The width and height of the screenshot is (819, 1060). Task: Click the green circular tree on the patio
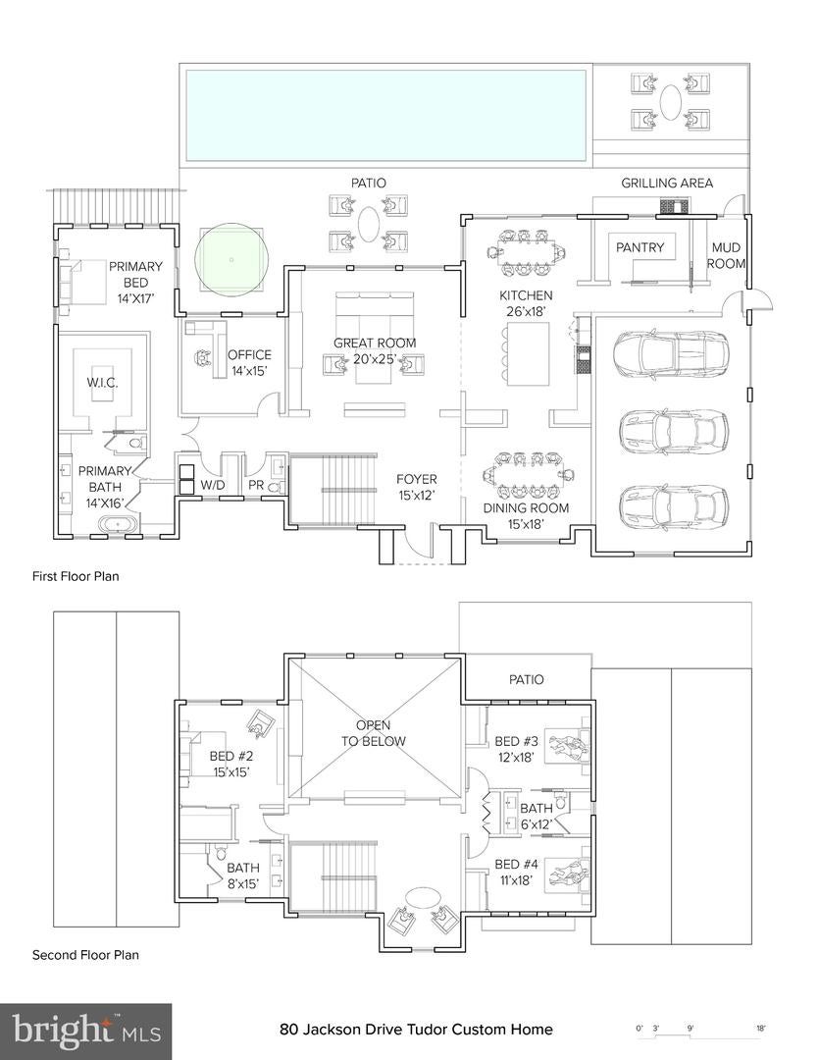tap(231, 259)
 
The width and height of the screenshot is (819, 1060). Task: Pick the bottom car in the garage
tap(672, 505)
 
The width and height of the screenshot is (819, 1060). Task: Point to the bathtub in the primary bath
tap(121, 525)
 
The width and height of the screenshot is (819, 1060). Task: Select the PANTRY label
tap(640, 248)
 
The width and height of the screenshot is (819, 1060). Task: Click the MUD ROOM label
tap(727, 256)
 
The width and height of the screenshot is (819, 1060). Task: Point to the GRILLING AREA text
tap(667, 184)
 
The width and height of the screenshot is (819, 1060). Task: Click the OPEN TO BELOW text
tap(380, 733)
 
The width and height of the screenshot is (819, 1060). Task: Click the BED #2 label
tap(231, 765)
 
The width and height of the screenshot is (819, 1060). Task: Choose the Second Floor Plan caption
tap(85, 955)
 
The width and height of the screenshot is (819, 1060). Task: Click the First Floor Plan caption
tap(76, 576)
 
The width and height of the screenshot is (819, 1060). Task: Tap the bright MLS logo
tap(86, 1031)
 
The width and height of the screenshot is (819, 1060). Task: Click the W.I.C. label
tap(103, 382)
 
